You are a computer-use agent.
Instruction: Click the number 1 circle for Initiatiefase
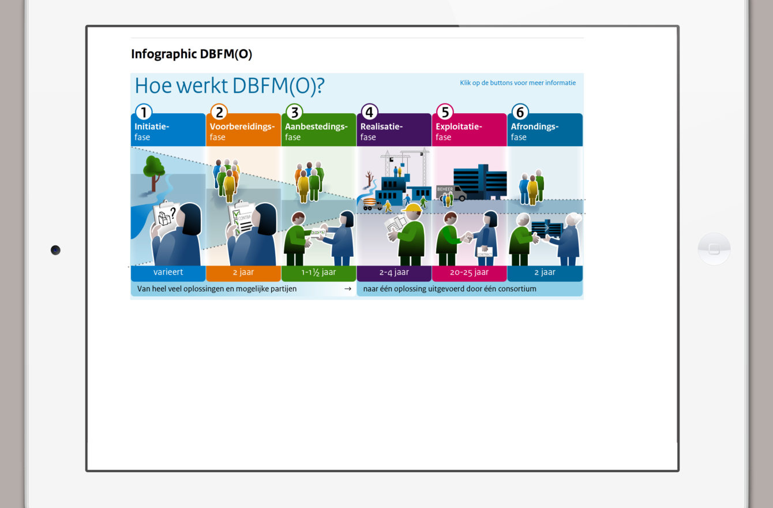(x=144, y=112)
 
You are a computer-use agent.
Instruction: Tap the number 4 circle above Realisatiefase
(x=369, y=112)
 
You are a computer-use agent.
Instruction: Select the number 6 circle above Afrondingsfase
(x=520, y=112)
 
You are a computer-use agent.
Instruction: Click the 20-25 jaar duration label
(x=470, y=272)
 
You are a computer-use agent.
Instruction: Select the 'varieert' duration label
(x=168, y=272)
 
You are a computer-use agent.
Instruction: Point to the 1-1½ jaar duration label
(x=318, y=272)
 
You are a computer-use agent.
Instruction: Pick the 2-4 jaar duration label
(x=394, y=272)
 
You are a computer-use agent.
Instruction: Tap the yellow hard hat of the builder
(x=412, y=208)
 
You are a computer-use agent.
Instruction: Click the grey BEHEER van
(x=451, y=193)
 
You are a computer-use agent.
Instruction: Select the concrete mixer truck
(x=372, y=204)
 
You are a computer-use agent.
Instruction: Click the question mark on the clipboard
(x=173, y=212)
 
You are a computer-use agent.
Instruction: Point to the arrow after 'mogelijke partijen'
(x=348, y=289)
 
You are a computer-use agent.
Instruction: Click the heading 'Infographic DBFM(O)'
(x=192, y=54)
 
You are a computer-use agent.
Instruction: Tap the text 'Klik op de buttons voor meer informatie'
(x=517, y=83)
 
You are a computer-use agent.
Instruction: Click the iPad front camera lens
(x=55, y=250)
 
